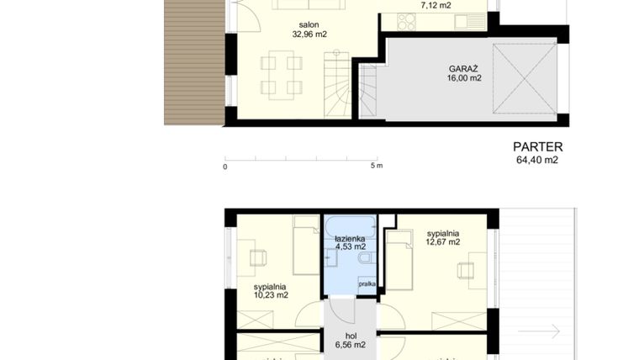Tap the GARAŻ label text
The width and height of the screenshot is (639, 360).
click(464, 68)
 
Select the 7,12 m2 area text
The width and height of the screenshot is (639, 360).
click(435, 5)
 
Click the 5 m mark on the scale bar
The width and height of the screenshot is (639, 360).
click(377, 167)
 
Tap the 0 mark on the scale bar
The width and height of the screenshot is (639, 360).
click(225, 167)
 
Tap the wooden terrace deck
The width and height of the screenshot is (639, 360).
click(193, 61)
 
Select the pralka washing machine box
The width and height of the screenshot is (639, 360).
click(367, 284)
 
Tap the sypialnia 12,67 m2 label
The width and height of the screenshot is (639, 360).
click(442, 237)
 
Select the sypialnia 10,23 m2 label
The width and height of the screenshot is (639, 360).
click(271, 290)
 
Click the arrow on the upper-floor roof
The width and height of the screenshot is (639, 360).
click(539, 331)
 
